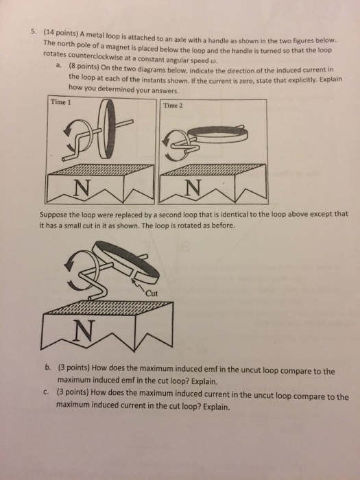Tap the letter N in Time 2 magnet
[x=193, y=187]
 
